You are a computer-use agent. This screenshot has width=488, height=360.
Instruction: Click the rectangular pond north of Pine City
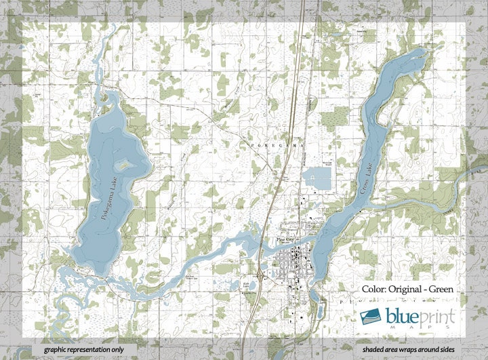tap(317, 179)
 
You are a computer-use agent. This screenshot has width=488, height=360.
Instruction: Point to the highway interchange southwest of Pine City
tap(261, 277)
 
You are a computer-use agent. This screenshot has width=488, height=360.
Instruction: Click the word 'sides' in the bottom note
tap(454, 348)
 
